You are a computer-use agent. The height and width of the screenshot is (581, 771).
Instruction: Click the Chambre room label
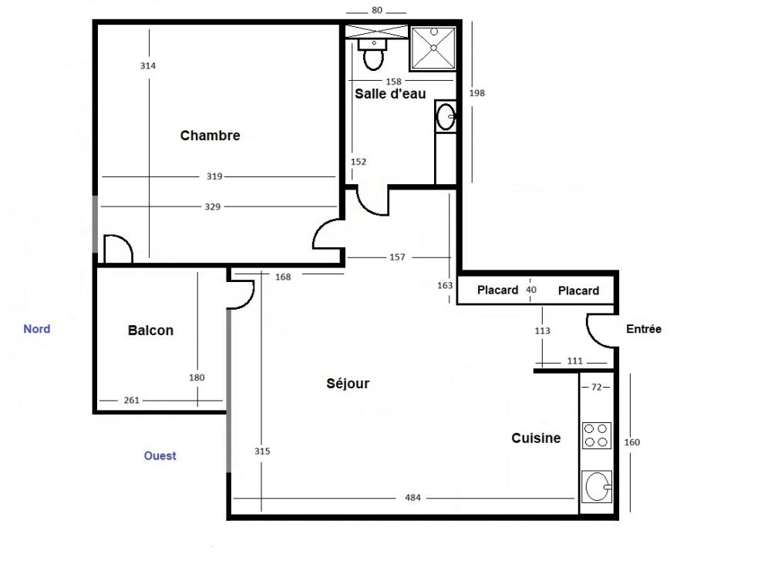point(210,136)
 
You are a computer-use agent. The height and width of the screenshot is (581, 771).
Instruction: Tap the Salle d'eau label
point(390,94)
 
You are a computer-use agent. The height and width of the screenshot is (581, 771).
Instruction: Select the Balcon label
point(150,331)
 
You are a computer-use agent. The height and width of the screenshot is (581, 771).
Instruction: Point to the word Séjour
point(348,384)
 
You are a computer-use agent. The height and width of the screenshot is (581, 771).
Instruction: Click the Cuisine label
point(536,438)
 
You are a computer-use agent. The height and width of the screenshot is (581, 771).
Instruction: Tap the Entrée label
point(644,329)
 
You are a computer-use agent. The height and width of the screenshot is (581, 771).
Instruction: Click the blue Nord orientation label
point(37,329)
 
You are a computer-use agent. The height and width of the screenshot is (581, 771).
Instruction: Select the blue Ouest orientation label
point(160,455)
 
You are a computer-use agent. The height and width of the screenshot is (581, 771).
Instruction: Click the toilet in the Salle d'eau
point(373,54)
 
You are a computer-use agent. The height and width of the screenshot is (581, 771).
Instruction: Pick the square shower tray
point(433,49)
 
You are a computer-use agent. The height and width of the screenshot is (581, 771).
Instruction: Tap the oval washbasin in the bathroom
point(446,116)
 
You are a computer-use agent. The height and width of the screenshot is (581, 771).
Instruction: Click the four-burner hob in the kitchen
point(597,435)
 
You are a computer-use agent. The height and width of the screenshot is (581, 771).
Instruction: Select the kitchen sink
point(597,487)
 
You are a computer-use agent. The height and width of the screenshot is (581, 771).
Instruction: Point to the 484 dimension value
point(412,498)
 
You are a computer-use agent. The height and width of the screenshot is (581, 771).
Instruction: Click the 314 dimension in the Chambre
point(147,65)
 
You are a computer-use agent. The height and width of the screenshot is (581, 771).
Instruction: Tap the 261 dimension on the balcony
point(131,401)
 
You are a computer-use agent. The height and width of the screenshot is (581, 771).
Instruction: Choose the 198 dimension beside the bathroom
point(477,93)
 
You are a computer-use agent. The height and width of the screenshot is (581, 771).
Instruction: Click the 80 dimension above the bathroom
point(377,10)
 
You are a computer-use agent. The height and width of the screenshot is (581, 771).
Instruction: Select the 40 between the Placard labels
point(531,290)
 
